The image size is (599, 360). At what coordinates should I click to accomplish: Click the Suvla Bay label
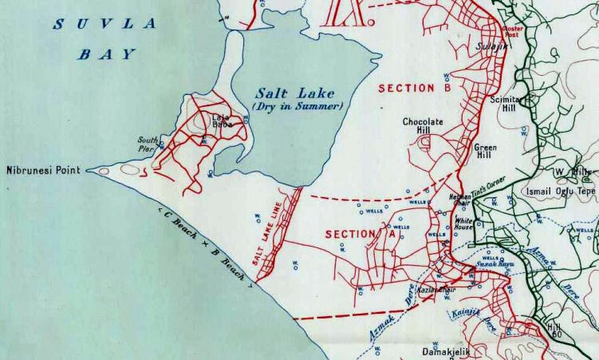click(x=105, y=39)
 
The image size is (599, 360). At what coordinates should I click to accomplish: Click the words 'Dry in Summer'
click(x=298, y=106)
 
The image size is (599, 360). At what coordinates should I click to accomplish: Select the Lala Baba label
click(x=221, y=121)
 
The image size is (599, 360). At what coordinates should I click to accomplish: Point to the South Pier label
click(x=149, y=141)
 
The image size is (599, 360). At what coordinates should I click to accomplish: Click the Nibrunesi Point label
click(x=43, y=170)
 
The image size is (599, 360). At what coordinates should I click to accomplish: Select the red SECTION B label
click(x=415, y=88)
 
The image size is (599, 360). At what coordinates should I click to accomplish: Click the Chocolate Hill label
click(x=423, y=127)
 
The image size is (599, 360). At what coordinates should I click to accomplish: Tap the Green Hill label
click(x=486, y=152)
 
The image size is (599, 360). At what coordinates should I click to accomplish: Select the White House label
click(x=464, y=224)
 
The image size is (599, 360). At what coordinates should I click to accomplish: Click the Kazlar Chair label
click(x=436, y=289)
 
